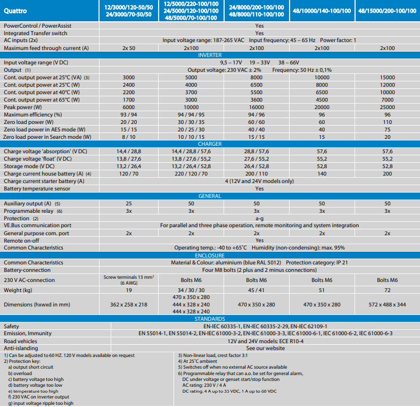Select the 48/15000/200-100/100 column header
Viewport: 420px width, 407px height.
pos(388,11)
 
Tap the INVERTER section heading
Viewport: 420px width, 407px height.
pos(210,55)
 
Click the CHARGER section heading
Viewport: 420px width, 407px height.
pos(210,144)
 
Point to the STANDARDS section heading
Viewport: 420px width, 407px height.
pos(210,318)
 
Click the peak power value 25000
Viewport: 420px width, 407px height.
pos(388,107)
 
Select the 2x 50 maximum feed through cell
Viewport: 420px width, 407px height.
pos(128,48)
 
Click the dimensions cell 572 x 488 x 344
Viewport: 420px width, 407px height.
pos(388,304)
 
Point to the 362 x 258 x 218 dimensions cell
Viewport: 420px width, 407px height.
pos(128,304)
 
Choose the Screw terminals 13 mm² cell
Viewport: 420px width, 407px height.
pos(128,280)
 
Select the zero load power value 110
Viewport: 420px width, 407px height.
pos(388,122)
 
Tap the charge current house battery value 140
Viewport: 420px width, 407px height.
pos(322,173)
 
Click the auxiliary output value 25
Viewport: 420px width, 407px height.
pos(128,203)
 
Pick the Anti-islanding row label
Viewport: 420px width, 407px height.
pos(20,348)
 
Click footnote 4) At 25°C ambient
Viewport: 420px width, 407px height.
pos(197,361)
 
